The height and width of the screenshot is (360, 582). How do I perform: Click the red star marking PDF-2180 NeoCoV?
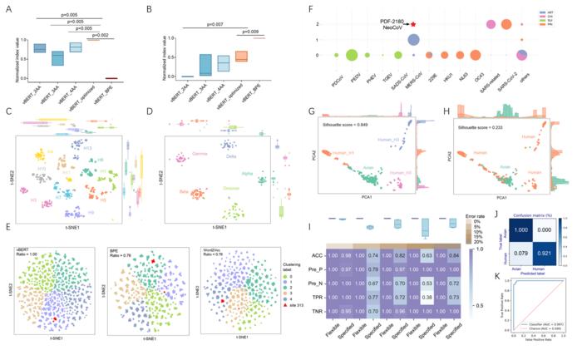pos(412,26)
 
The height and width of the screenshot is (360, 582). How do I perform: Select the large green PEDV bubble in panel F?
pos(352,56)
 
